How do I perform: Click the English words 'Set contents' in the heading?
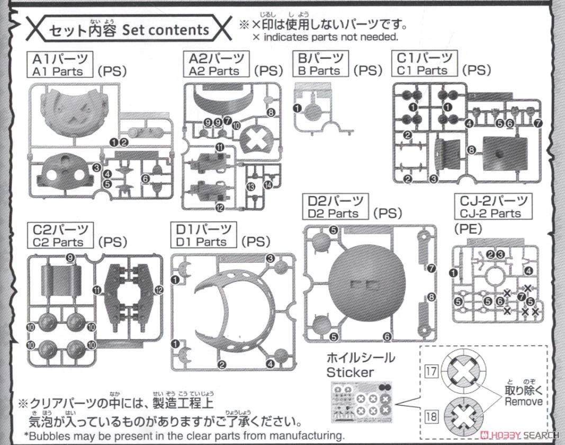coord(166,30)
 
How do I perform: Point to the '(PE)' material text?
coord(469,228)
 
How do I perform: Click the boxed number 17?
coord(432,371)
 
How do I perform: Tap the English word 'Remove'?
coord(523,401)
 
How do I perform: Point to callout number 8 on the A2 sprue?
coord(271,112)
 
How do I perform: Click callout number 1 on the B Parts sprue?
coord(297,108)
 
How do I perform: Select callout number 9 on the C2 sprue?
coord(70,257)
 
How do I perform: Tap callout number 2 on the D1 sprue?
coord(222,364)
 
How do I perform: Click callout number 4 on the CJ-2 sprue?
coord(528,271)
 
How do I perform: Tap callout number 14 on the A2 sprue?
coord(268,184)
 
